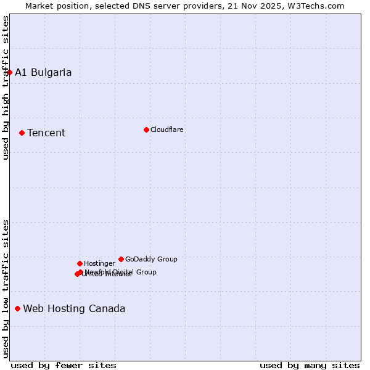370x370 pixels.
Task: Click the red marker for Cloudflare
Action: coord(146,129)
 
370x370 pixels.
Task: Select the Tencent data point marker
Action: coord(22,133)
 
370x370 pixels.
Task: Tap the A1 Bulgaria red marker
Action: coord(9,72)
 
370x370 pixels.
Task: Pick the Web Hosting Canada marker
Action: coord(17,308)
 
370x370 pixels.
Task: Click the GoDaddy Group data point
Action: coord(121,259)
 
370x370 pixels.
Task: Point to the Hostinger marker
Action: coord(80,263)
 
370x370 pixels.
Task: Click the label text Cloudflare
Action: coord(167,129)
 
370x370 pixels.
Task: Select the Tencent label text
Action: coord(46,133)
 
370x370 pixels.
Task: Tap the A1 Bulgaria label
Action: coord(43,72)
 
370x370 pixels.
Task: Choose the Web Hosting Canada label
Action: coord(74,308)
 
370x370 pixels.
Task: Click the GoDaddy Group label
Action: coord(151,259)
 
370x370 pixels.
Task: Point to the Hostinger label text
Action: coord(99,263)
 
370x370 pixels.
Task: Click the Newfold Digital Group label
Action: coord(121,271)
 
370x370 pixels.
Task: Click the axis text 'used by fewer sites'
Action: coord(64,365)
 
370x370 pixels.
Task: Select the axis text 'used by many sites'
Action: coord(310,365)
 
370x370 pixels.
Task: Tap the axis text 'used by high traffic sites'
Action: coord(6,88)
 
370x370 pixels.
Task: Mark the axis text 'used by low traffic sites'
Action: coord(6,289)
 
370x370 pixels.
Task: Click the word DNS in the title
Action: coord(147,6)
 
